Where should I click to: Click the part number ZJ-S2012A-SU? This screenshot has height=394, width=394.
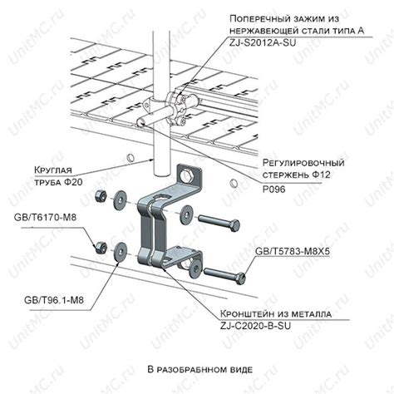263,43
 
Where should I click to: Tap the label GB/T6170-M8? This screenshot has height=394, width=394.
45,217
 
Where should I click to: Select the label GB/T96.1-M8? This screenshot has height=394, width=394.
54,300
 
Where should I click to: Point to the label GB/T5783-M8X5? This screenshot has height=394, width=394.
292,252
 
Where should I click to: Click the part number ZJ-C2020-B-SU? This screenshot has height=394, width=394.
255,326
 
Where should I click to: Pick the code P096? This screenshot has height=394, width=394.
273,190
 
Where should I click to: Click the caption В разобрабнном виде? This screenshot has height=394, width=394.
200,370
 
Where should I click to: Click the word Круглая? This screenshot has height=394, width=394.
53,170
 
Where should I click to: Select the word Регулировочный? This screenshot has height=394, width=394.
303,162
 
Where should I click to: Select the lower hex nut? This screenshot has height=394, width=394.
100,247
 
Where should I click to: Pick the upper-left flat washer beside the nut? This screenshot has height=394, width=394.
120,200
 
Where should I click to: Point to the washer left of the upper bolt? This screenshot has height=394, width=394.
187,215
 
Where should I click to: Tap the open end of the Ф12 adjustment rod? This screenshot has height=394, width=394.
141,122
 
